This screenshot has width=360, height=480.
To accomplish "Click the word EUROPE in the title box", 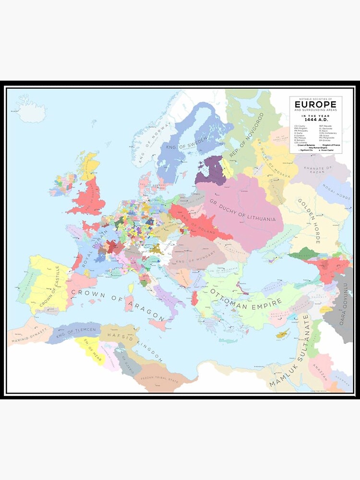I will click(x=315, y=105).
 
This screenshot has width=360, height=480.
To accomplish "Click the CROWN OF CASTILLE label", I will click(x=50, y=287).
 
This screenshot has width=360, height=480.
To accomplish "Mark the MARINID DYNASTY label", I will click(x=28, y=334).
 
